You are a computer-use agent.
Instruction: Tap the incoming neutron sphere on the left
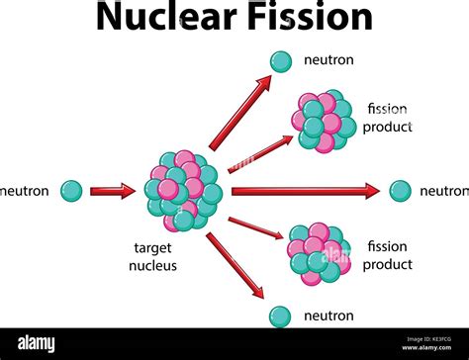(71, 191)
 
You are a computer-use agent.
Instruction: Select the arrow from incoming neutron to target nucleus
(112, 191)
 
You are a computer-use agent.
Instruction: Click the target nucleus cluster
(183, 190)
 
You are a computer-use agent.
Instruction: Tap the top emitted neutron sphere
(282, 61)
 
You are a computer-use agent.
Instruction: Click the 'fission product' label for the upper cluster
(389, 118)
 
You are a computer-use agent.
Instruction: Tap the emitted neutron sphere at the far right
(400, 191)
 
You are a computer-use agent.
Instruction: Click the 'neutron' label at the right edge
(443, 191)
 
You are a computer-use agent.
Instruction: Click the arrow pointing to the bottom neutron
(237, 269)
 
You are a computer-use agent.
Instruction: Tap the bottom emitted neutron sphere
(282, 315)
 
